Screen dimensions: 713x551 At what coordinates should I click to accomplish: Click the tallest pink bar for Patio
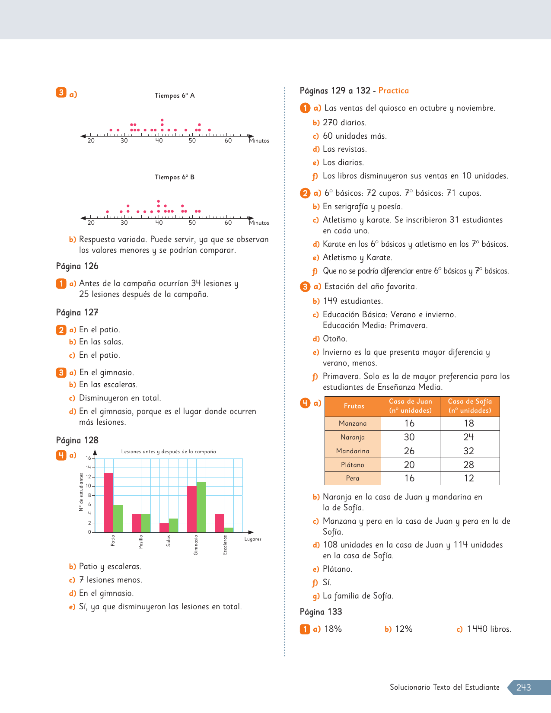point(108,502)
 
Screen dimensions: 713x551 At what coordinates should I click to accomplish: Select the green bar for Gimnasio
point(201,507)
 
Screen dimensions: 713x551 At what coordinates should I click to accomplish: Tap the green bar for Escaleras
point(229,530)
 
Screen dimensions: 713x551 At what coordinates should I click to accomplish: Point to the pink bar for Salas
point(164,528)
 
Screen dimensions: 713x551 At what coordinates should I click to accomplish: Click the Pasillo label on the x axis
point(140,542)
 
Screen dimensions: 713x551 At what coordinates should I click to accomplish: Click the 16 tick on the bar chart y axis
point(88,458)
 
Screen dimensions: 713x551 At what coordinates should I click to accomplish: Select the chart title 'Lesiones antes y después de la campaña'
point(169,452)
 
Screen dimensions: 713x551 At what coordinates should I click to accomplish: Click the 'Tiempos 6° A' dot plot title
point(175,95)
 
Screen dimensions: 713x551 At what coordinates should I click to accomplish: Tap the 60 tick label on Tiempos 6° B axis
point(228,223)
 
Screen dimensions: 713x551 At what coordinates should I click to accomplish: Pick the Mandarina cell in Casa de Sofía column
point(469,451)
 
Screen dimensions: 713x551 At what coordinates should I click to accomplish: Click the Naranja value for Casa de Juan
point(409,437)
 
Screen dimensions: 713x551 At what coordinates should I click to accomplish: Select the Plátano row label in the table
point(353,465)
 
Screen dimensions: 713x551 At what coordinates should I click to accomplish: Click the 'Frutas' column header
point(354,406)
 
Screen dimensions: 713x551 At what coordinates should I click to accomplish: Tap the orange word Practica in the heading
point(393,91)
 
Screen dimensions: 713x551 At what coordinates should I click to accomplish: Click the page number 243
point(523,688)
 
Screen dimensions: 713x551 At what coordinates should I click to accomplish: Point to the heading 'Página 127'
point(77,312)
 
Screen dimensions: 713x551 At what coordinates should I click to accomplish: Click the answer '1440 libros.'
point(489,629)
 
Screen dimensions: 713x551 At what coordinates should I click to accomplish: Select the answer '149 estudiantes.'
point(353,301)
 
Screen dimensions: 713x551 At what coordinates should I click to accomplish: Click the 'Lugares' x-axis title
point(253,539)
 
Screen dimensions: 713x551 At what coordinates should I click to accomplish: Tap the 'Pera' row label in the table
point(353,478)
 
